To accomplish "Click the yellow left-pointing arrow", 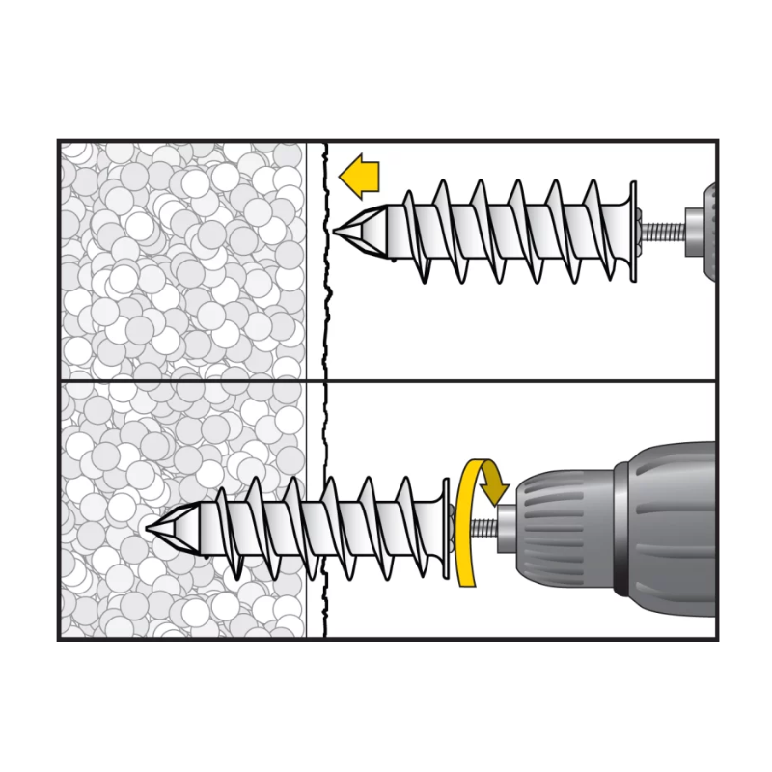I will coord(360,177).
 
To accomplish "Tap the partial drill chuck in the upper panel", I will coord(702,233).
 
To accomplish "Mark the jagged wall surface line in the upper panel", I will coord(326,289).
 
